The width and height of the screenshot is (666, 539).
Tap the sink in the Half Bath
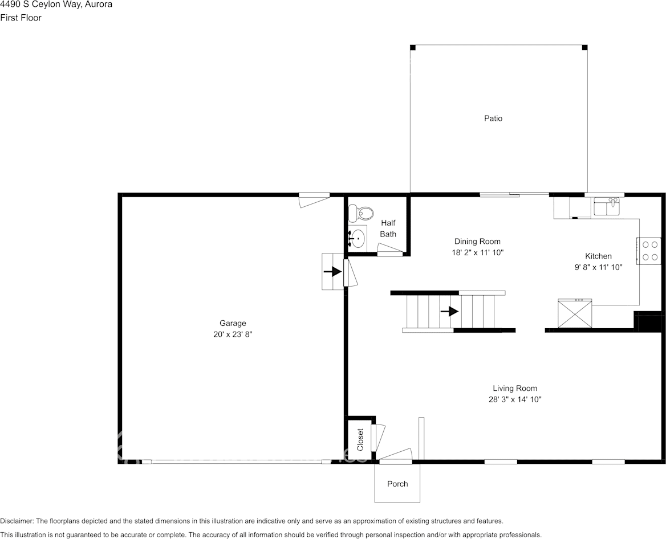click(x=358, y=238)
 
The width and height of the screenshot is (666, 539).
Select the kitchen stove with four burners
click(x=649, y=250)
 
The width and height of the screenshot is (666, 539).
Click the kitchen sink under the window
click(x=606, y=206)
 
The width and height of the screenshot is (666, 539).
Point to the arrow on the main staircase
click(x=449, y=311)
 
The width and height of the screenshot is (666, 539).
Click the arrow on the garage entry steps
click(x=331, y=272)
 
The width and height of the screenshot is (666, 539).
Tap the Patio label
click(x=493, y=119)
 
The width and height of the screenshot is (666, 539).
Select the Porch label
click(x=397, y=484)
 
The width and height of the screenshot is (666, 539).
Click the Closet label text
click(x=360, y=439)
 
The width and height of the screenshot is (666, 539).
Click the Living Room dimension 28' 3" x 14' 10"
click(x=515, y=399)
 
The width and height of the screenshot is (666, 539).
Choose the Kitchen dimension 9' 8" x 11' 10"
click(x=598, y=267)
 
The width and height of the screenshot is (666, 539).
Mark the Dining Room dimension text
click(x=477, y=252)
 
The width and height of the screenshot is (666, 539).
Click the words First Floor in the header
click(x=21, y=18)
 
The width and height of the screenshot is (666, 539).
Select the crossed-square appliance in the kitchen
click(x=574, y=314)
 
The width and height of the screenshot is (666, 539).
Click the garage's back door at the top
click(x=315, y=197)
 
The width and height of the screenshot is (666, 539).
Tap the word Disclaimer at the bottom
click(x=17, y=521)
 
